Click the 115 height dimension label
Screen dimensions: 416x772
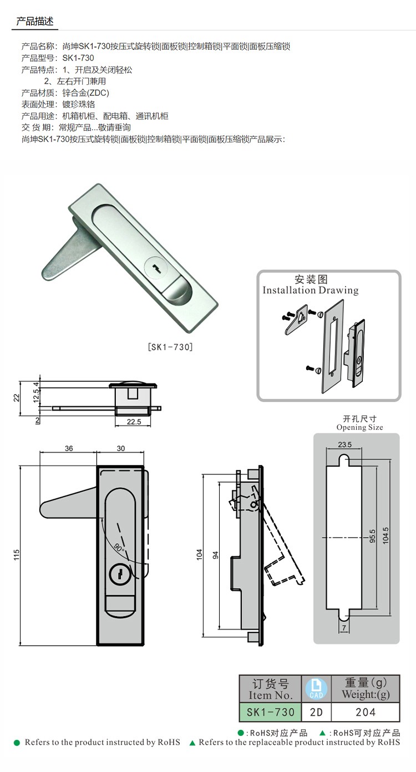[x=17, y=555]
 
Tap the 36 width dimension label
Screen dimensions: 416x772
[x=69, y=448]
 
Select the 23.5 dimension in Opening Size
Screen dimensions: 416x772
[x=344, y=444]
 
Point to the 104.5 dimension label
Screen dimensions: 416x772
[x=385, y=536]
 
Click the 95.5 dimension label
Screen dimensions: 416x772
[x=372, y=536]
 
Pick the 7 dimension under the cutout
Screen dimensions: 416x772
[x=344, y=628]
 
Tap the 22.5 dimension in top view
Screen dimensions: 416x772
[x=134, y=422]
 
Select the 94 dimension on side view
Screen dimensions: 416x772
[x=216, y=555]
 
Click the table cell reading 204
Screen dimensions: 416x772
[x=366, y=712]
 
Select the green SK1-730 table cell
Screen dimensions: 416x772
[x=271, y=712]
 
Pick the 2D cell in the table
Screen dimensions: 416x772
[x=316, y=712]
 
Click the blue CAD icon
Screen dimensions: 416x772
[x=316, y=689]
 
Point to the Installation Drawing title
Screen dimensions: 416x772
[x=311, y=290]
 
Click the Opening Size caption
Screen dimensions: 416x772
[x=360, y=427]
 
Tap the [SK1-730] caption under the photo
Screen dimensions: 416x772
[x=170, y=347]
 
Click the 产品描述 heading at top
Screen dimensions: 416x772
[x=35, y=22]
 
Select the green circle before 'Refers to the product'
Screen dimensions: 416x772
[x=17, y=743]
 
